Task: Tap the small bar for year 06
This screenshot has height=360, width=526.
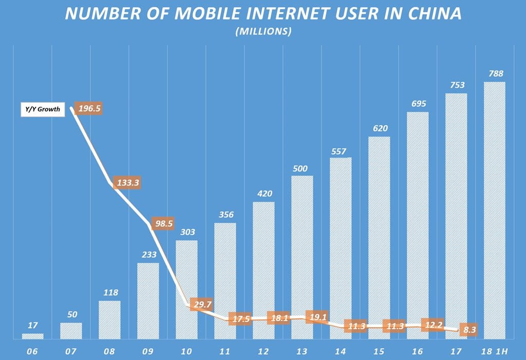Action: pyautogui.click(x=32, y=336)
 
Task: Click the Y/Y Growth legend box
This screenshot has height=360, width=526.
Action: pyautogui.click(x=43, y=109)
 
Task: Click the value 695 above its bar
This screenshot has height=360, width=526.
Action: pyautogui.click(x=418, y=104)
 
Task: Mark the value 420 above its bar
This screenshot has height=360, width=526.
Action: pyautogui.click(x=264, y=194)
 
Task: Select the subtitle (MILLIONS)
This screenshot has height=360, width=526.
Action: pyautogui.click(x=263, y=32)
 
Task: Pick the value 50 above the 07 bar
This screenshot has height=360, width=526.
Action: pyautogui.click(x=71, y=314)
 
